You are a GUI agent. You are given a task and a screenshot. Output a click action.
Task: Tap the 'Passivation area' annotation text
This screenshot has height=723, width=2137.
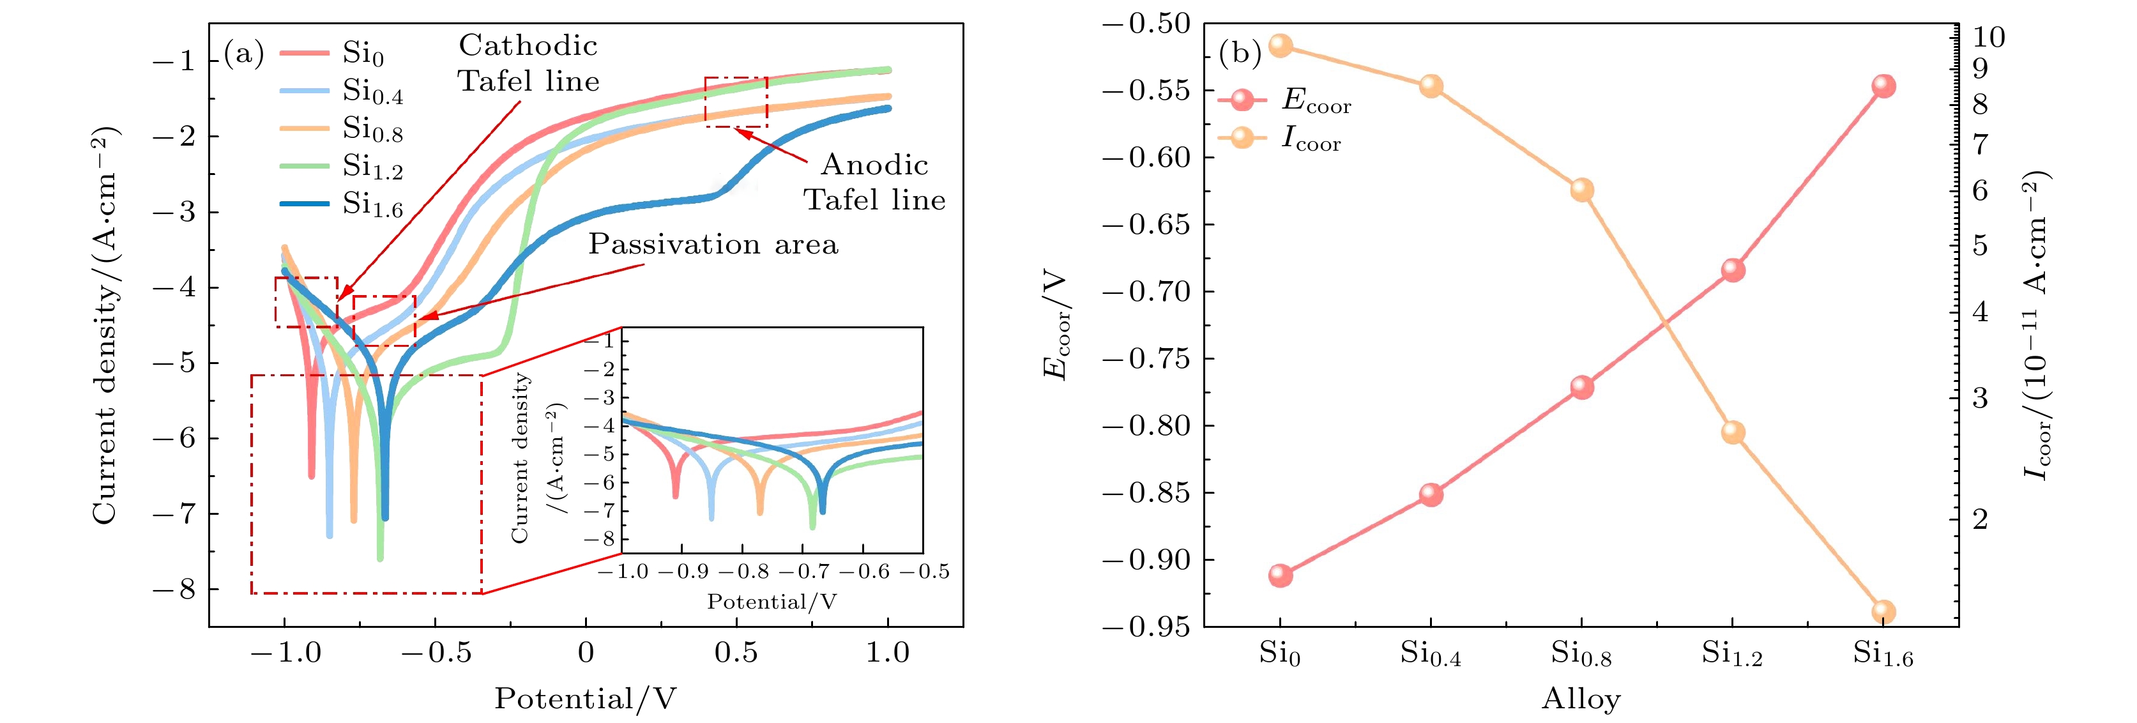(x=713, y=244)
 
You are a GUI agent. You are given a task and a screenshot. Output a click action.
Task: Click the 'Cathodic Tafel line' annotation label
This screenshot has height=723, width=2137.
(x=528, y=63)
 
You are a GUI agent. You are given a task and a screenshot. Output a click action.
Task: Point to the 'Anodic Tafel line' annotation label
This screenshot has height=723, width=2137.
(x=874, y=183)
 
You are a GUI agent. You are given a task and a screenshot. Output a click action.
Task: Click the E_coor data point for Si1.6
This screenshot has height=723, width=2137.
(x=1883, y=86)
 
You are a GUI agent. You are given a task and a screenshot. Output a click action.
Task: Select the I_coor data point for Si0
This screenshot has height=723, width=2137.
(x=1280, y=45)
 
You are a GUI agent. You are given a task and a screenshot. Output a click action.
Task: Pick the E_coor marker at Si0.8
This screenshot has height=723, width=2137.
(x=1581, y=387)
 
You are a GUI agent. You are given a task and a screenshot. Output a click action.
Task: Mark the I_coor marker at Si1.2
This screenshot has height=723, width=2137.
(x=1732, y=432)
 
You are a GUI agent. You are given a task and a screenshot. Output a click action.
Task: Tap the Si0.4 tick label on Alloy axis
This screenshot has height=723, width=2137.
(x=1430, y=654)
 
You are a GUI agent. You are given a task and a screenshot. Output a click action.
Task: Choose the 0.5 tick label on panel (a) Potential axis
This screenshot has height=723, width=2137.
(x=736, y=653)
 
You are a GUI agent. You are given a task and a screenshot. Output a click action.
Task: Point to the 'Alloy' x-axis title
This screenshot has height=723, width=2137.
(x=1580, y=699)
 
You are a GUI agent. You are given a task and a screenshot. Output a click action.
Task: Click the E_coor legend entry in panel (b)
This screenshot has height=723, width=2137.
(x=1316, y=100)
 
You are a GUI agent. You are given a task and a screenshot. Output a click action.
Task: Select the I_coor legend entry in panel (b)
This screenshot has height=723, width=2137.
(x=1311, y=138)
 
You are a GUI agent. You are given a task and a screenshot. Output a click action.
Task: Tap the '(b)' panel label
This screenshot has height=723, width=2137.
(x=1240, y=54)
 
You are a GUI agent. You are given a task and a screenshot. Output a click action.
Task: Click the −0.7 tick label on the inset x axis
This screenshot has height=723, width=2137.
(x=803, y=572)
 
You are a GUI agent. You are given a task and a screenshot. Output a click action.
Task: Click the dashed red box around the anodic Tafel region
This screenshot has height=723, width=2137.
(x=736, y=102)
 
